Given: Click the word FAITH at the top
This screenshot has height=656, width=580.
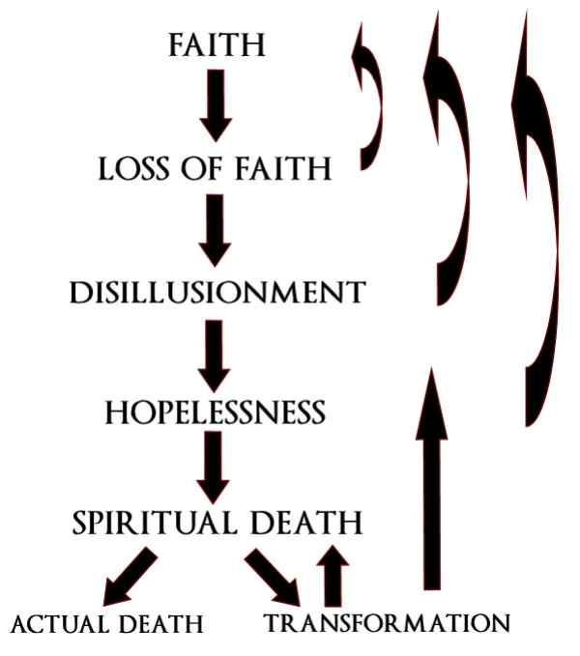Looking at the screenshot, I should (x=216, y=45).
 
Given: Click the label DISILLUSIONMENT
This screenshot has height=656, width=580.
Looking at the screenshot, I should (x=217, y=292).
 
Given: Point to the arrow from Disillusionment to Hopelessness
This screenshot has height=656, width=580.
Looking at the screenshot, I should (x=216, y=353).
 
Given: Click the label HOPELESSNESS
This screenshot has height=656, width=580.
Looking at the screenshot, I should (x=215, y=414).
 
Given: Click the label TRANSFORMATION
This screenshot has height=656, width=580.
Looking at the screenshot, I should (x=386, y=623).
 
